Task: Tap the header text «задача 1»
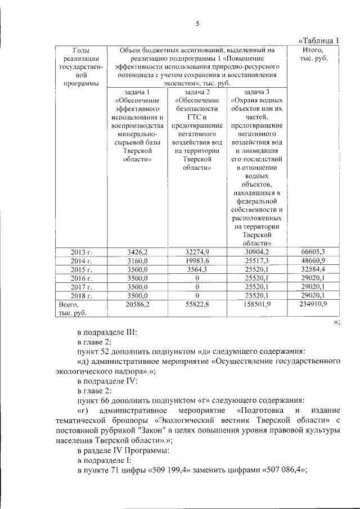click(137, 92)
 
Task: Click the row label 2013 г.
click(81, 252)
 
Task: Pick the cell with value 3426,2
click(137, 252)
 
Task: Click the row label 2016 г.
click(81, 278)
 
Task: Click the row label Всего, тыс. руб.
click(71, 309)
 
